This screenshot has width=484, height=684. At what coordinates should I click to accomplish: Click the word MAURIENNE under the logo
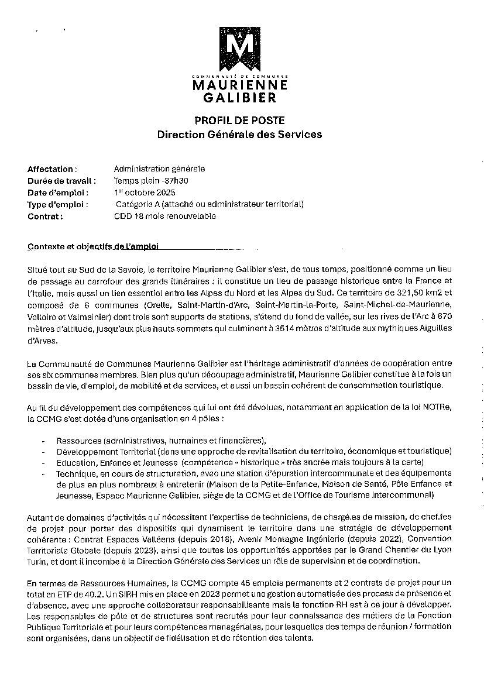240,85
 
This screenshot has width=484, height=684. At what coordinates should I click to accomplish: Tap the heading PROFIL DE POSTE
239,120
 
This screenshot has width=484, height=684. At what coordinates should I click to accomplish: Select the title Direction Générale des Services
239,135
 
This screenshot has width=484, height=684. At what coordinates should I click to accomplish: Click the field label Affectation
52,169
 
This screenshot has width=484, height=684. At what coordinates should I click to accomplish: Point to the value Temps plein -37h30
151,181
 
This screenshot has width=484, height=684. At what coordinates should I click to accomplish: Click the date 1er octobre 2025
145,193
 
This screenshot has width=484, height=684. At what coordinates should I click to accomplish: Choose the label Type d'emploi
57,204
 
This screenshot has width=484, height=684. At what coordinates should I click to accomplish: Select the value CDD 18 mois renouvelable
165,216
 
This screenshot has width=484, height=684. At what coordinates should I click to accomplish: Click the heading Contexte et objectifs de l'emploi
93,247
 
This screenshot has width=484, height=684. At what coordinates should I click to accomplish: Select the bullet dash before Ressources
44,440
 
